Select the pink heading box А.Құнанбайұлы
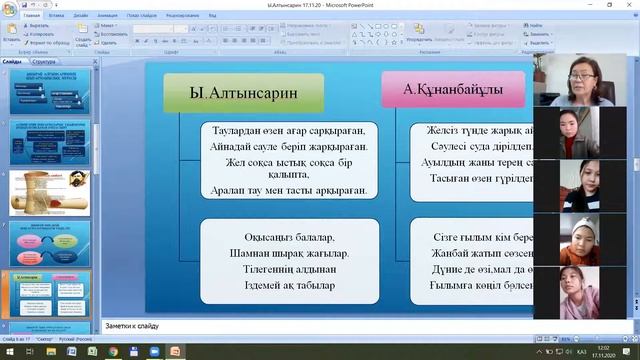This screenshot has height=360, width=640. [453, 90]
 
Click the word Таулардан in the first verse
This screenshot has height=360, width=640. [233, 131]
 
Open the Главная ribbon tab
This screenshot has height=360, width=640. [32, 17]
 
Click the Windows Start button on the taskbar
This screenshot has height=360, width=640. [8, 351]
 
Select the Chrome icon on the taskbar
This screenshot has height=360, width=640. [113, 351]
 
